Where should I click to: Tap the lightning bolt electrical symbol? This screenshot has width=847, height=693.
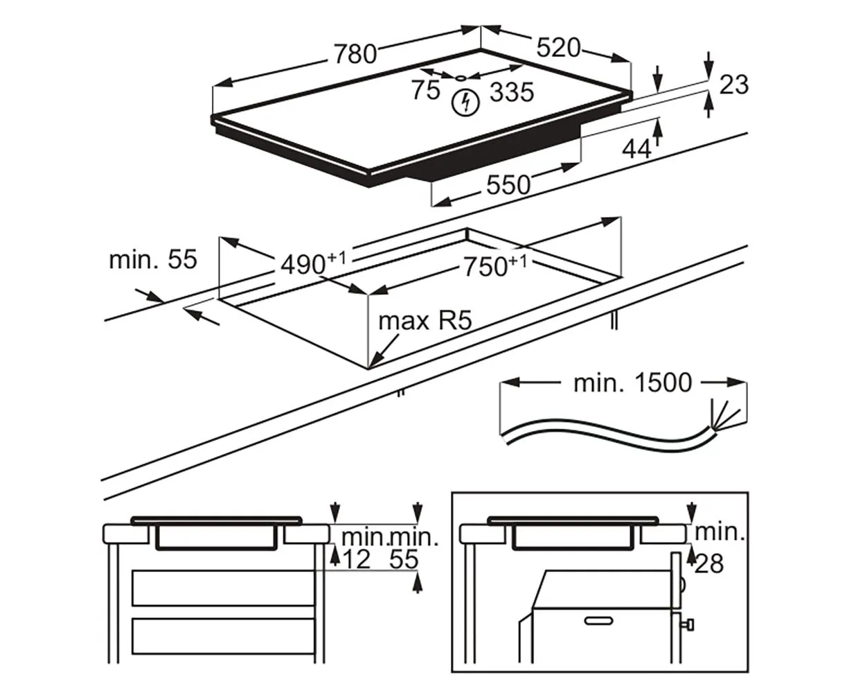tap(465, 103)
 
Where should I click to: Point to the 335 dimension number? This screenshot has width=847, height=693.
tap(512, 91)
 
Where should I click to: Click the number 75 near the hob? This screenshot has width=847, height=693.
tap(425, 90)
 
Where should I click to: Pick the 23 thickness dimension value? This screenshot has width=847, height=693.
tap(734, 85)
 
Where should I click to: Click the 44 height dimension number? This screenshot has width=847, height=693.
tap(636, 148)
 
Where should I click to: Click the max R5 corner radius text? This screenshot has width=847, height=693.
tap(425, 322)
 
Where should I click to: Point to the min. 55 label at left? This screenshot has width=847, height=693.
tap(153, 260)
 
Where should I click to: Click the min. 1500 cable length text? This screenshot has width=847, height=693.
tap(632, 383)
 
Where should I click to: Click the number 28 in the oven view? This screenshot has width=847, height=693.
tap(708, 564)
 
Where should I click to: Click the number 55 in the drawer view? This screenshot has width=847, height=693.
tap(405, 560)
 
